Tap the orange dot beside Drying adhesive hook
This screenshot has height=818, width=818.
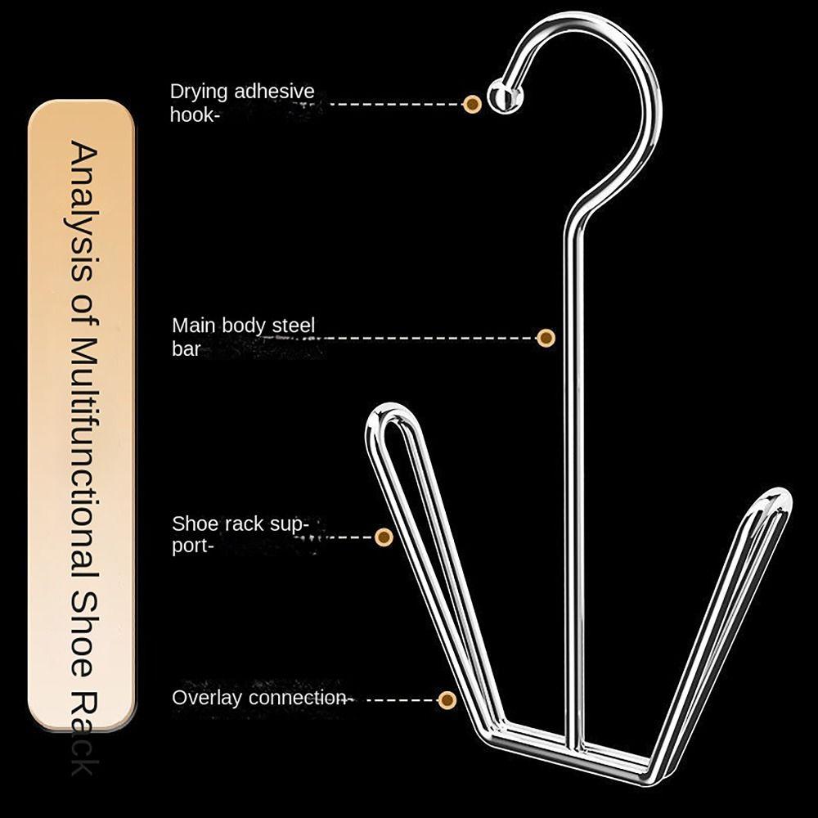point(472,104)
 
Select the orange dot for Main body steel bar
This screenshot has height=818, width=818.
point(546,337)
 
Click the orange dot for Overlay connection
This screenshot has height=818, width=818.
point(447,699)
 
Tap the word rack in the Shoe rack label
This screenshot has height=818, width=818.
point(249,524)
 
